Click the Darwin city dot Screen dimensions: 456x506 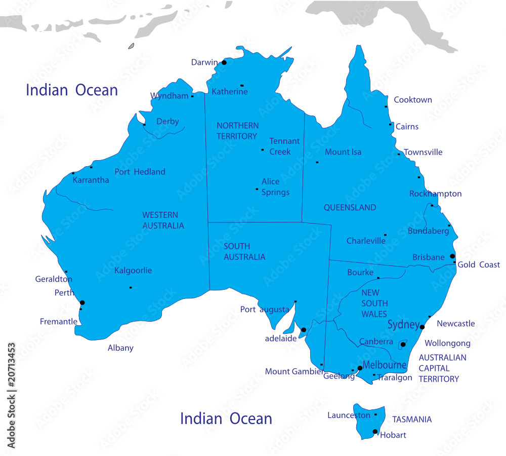224,62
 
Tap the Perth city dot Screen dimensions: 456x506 82,302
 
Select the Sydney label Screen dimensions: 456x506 403,325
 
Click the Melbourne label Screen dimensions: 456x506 385,365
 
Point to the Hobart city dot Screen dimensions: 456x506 375,432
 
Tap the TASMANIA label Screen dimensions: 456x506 412,420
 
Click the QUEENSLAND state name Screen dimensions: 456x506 350,207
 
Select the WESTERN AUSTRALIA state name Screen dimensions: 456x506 163,220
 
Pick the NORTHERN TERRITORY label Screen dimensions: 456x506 237,131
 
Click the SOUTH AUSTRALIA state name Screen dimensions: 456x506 244,252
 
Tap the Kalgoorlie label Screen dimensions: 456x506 133,271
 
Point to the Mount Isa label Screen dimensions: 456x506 343,152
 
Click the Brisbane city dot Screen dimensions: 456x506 452,256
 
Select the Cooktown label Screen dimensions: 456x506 413,100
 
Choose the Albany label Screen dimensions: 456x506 120,348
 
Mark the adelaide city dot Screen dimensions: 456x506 304,330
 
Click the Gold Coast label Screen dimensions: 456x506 479,264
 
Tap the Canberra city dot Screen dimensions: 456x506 403,345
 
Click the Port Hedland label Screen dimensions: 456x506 140,172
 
